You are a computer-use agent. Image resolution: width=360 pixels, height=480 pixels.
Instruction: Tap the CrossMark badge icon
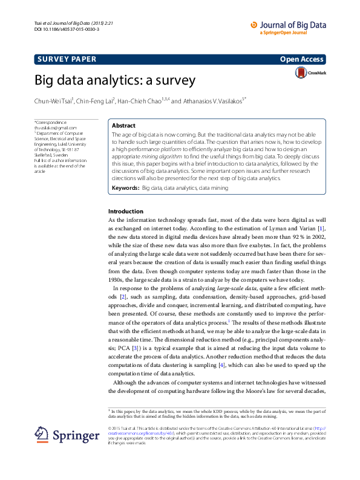[x=301, y=73]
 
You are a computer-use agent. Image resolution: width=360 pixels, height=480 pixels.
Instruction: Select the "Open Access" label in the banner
[x=302, y=59]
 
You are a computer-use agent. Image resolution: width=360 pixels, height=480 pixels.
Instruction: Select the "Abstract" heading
[x=124, y=125]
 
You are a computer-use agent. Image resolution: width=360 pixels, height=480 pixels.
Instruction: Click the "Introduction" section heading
[x=125, y=211]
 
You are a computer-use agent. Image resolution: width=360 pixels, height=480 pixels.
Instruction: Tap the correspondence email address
[x=56, y=128]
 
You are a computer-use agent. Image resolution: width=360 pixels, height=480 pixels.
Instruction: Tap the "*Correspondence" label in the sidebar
[x=51, y=123]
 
